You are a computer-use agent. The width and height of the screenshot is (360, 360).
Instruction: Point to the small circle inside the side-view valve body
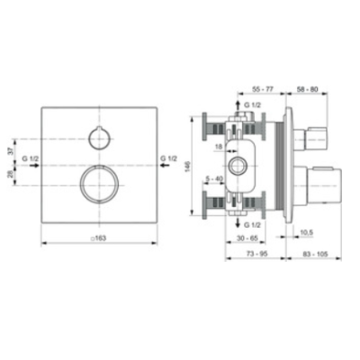[240, 166]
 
